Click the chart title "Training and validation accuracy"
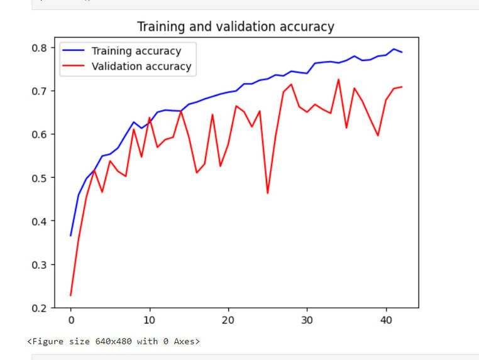(x=236, y=27)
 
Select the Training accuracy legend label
(x=136, y=52)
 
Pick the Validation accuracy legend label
(x=141, y=66)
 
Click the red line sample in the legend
(x=74, y=66)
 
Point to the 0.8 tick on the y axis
(x=38, y=48)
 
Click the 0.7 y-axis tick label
(x=38, y=91)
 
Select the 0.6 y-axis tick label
(x=38, y=134)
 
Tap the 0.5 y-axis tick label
(x=38, y=178)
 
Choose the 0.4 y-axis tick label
(x=38, y=221)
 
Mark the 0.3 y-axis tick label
(x=38, y=265)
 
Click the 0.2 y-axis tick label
(x=38, y=308)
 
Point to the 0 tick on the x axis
(x=71, y=319)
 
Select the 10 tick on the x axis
(x=150, y=319)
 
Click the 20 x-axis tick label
(x=228, y=319)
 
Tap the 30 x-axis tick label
(x=307, y=319)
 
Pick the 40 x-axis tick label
(x=385, y=319)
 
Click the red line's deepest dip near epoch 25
(x=268, y=192)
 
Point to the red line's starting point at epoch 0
(x=71, y=295)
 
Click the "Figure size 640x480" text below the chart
(x=114, y=342)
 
